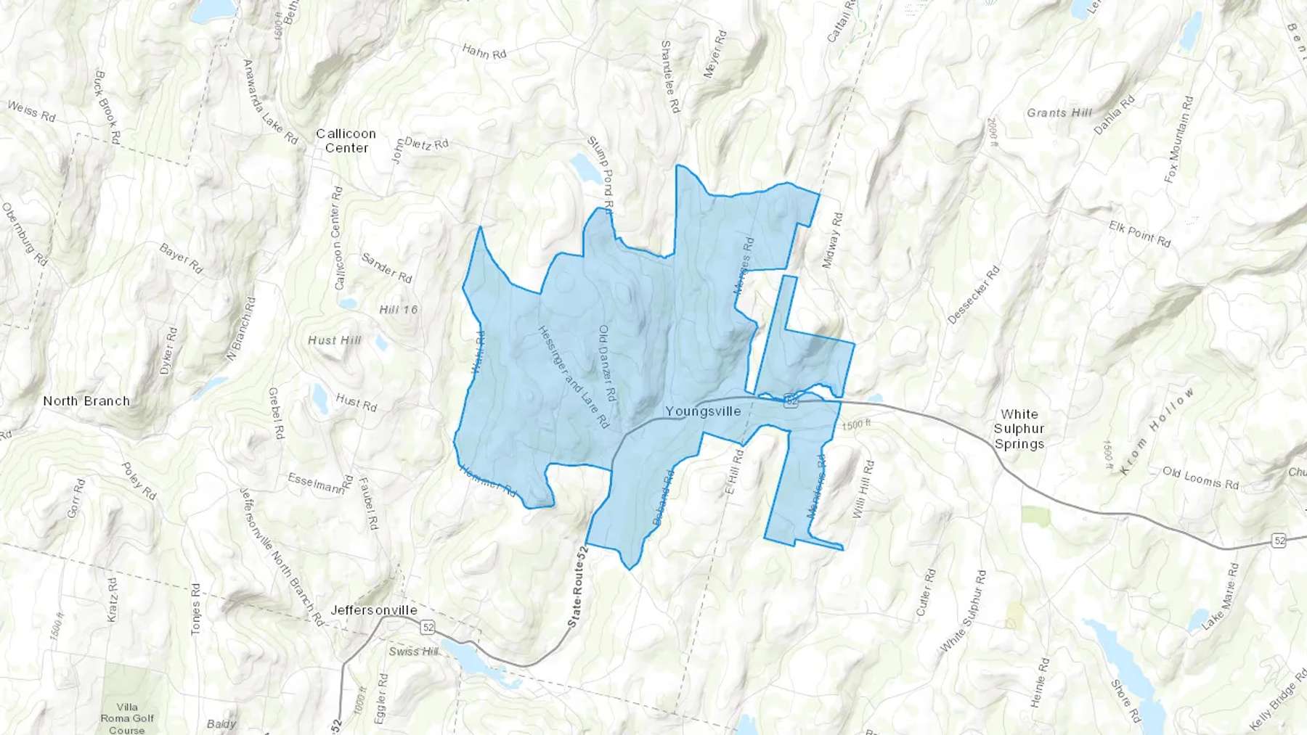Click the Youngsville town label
(703, 411)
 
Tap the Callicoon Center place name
(346, 141)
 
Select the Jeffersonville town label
(374, 610)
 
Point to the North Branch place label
(86, 401)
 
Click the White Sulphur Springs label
(1019, 429)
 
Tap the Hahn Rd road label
(484, 52)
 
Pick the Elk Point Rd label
(1139, 234)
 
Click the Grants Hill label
(1059, 112)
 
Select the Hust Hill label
(334, 340)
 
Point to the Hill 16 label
(399, 310)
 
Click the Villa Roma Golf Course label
(127, 718)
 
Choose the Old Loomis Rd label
(1200, 477)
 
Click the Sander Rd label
(386, 268)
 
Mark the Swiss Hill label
(413, 652)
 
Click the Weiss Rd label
(31, 111)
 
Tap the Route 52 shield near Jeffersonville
(428, 626)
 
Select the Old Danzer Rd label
(607, 364)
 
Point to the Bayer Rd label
(181, 258)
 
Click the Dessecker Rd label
(974, 295)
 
